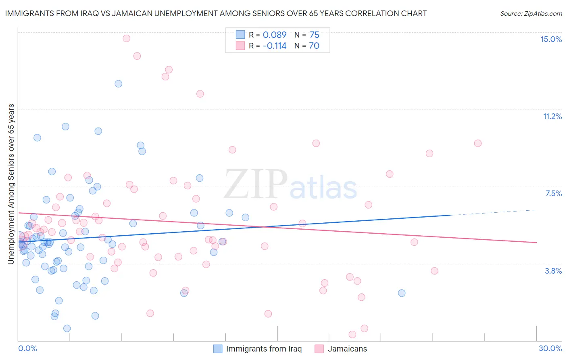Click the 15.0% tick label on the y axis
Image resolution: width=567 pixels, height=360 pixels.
tap(551, 39)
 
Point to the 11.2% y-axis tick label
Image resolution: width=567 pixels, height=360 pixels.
tap(552, 116)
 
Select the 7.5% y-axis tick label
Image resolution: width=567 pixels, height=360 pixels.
tap(553, 193)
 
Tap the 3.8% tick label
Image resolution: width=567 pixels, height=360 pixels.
tap(553, 271)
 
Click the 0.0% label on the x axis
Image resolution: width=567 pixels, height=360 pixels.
tap(27, 348)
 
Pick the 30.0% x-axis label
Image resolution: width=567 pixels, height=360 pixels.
tap(550, 348)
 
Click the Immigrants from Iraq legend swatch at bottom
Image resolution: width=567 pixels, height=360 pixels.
tap(218, 349)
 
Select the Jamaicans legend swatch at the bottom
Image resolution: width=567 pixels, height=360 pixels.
tap(319, 349)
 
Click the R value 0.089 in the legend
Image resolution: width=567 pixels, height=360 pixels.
tap(274, 35)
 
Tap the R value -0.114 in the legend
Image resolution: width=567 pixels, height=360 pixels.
tap(274, 46)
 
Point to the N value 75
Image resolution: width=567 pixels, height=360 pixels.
tap(314, 35)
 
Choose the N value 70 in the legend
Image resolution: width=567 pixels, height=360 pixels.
tap(314, 46)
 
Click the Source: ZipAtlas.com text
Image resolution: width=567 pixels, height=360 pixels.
tap(531, 13)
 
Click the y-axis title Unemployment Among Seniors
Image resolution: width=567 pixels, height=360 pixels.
tap(11, 184)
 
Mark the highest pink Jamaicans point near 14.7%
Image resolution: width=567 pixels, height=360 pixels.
tap(126, 38)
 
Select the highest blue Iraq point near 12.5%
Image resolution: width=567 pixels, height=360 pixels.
tap(119, 84)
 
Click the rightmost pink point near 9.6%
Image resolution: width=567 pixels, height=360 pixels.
tap(478, 143)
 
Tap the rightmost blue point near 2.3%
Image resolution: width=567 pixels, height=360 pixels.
tap(402, 293)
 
